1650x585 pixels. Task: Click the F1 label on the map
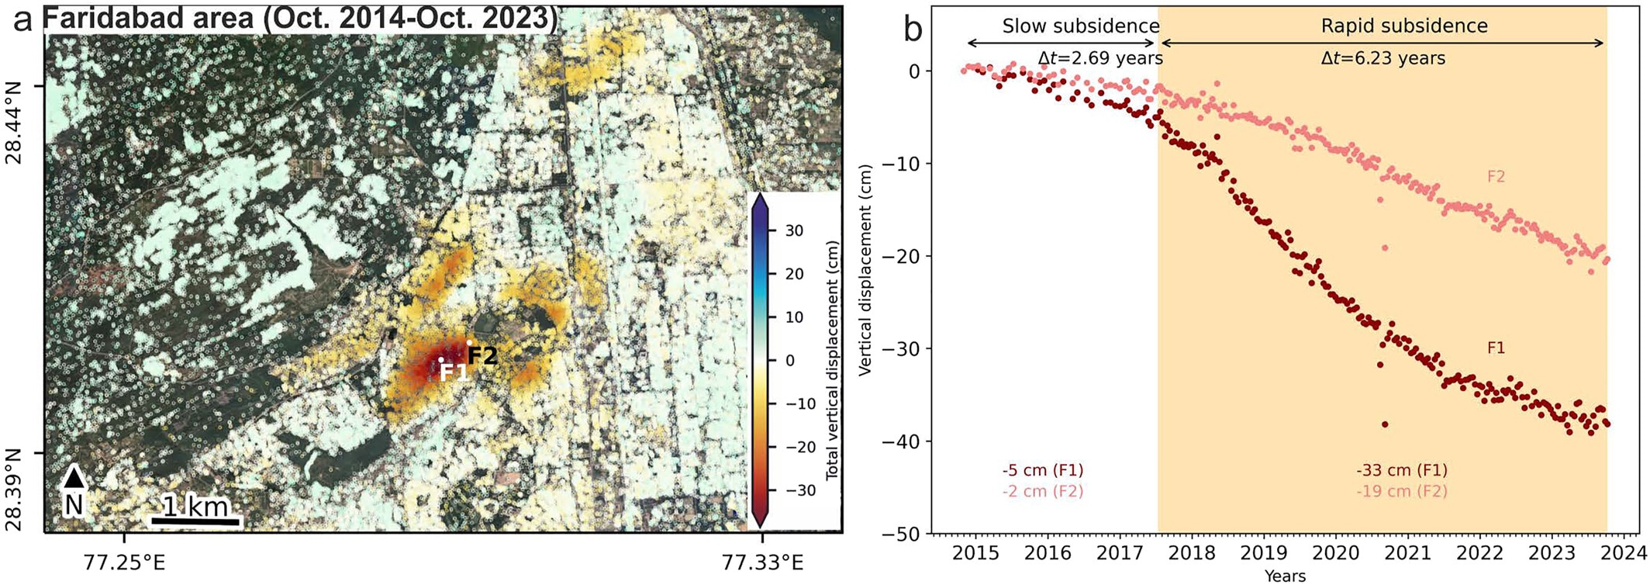point(454,372)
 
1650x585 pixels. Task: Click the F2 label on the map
point(482,355)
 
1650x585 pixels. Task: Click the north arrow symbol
point(74,478)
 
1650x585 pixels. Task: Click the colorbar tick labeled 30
point(794,230)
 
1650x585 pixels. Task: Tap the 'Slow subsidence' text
point(1080,26)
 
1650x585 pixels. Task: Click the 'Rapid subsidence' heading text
point(1404,26)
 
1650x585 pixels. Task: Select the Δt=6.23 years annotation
point(1382,58)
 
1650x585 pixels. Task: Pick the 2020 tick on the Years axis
point(1335,553)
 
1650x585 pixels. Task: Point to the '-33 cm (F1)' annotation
point(1402,470)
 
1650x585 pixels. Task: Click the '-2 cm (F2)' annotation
point(1042,491)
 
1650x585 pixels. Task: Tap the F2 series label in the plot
point(1496,177)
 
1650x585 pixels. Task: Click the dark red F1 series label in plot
point(1496,348)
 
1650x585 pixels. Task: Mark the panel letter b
point(913,29)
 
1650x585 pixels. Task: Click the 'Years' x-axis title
point(1285,576)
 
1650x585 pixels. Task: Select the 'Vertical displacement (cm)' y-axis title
point(865,269)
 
